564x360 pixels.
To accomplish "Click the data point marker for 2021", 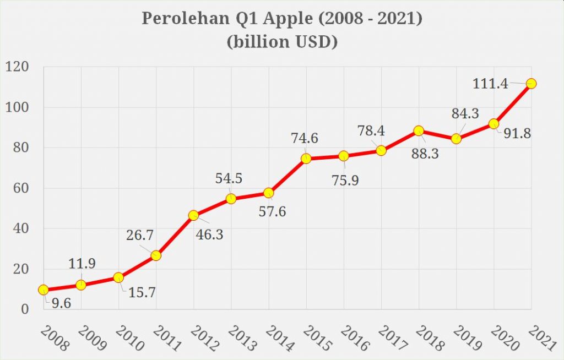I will pyautogui.click(x=531, y=84).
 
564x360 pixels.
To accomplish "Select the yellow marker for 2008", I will pyautogui.click(x=43, y=290).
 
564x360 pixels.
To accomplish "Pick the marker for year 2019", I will pyautogui.click(x=456, y=139).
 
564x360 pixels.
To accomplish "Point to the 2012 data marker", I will pyautogui.click(x=193, y=215).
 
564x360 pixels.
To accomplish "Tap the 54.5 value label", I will pyautogui.click(x=228, y=178).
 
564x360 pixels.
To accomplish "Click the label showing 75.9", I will pyautogui.click(x=345, y=180).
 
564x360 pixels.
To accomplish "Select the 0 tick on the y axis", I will pyautogui.click(x=25, y=309).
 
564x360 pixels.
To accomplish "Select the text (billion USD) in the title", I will pyautogui.click(x=281, y=42).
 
